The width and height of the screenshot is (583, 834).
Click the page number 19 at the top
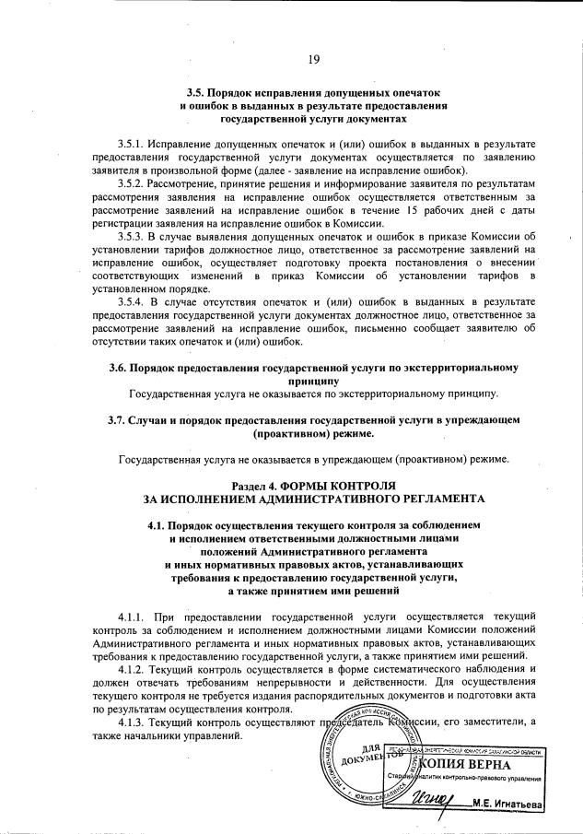pos(314,60)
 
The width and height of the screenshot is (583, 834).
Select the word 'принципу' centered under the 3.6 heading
pos(314,380)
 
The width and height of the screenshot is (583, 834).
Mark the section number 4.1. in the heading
pos(146,524)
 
